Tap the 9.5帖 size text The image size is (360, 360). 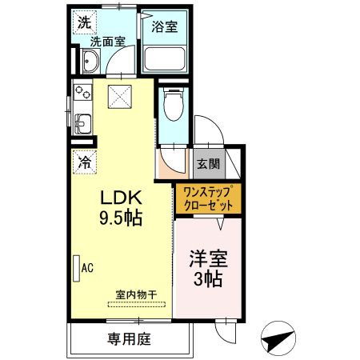120,218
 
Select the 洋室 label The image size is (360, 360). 209,260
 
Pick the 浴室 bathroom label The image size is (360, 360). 166,25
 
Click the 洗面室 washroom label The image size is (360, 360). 106,42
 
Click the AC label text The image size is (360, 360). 87,269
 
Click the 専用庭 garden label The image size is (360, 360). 130,338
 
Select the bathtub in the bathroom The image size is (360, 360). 166,58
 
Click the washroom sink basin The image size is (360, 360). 90,62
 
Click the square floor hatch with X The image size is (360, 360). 123,97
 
